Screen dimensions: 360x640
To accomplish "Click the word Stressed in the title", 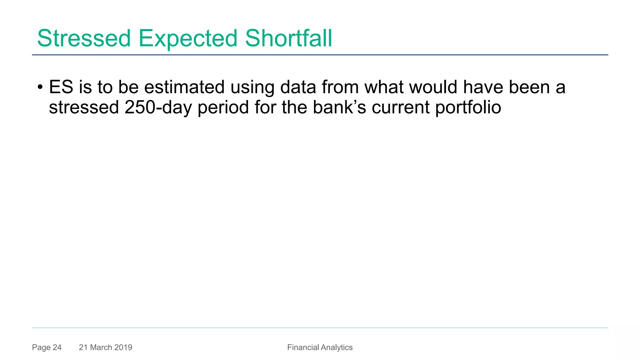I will click(x=84, y=38).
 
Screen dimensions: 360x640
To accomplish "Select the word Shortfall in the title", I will click(x=288, y=38).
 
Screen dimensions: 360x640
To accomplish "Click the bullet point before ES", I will click(x=40, y=87).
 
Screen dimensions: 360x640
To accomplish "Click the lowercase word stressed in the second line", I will click(x=84, y=107).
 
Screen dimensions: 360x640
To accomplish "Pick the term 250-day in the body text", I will click(x=158, y=107).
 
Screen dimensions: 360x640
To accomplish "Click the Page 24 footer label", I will click(x=47, y=347).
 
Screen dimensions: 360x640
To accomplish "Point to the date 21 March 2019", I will click(x=106, y=347).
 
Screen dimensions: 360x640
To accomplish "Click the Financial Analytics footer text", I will click(x=320, y=347).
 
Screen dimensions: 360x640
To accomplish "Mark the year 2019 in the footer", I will click(x=123, y=347).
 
